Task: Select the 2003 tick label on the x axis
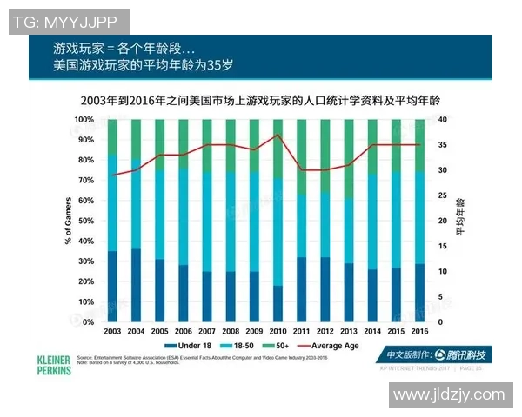click(112, 332)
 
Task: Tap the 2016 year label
click(418, 332)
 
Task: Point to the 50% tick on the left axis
click(85, 221)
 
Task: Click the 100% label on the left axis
click(84, 119)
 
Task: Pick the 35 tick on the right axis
click(442, 145)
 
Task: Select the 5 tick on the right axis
click(441, 297)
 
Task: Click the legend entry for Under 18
click(194, 346)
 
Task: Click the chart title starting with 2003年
click(260, 102)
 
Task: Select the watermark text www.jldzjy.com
click(448, 395)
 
